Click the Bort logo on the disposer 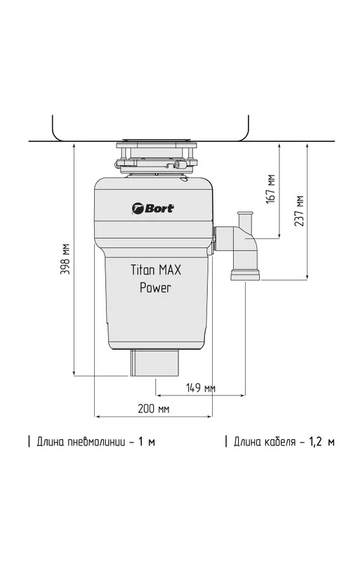point(153,208)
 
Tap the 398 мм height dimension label point(65,259)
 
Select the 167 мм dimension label point(270,189)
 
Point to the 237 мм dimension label point(299,211)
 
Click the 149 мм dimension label point(201,388)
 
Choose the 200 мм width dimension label point(153,409)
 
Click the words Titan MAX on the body point(156,270)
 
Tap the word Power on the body point(155,287)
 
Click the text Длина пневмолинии point(81,442)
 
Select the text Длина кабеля point(265,442)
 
